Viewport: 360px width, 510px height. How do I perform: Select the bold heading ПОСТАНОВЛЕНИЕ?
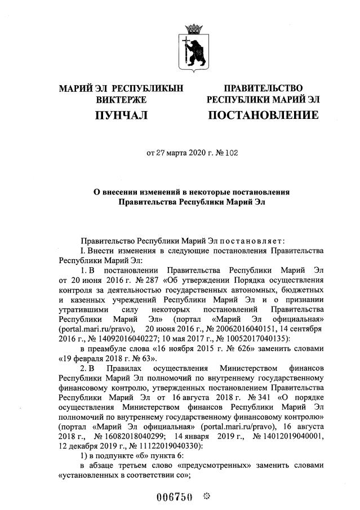pyautogui.click(x=263, y=116)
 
